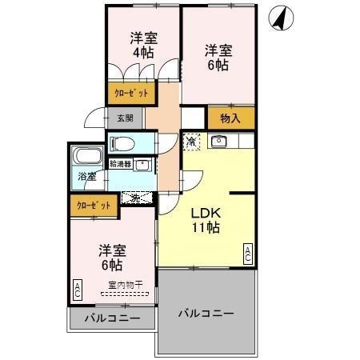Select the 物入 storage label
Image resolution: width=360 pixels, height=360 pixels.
(231, 118)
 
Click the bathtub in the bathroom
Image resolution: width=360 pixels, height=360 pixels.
(86, 156)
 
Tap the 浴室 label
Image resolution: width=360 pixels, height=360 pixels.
(86, 177)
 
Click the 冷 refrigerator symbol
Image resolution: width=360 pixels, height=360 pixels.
(192, 142)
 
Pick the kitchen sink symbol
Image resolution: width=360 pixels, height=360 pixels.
(219, 142)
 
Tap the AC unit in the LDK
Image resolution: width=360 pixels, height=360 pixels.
(248, 254)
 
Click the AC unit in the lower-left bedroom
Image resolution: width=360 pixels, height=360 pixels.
(77, 289)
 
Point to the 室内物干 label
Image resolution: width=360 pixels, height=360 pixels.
(125, 285)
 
